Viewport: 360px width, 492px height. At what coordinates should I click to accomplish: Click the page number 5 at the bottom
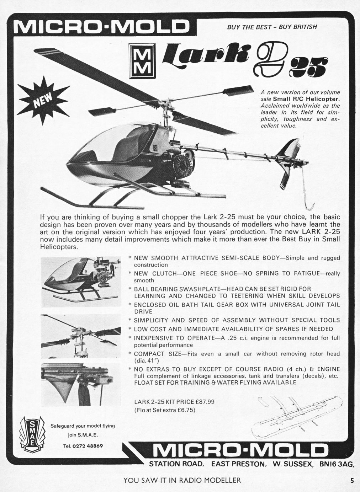[351, 480]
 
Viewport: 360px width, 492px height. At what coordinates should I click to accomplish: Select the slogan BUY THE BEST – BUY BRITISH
[272, 27]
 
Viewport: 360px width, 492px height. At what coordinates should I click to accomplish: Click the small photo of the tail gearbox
[81, 384]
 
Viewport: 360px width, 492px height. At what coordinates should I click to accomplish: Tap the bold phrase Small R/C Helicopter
[306, 99]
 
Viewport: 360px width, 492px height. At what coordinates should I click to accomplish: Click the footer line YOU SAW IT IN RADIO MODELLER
[182, 480]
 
